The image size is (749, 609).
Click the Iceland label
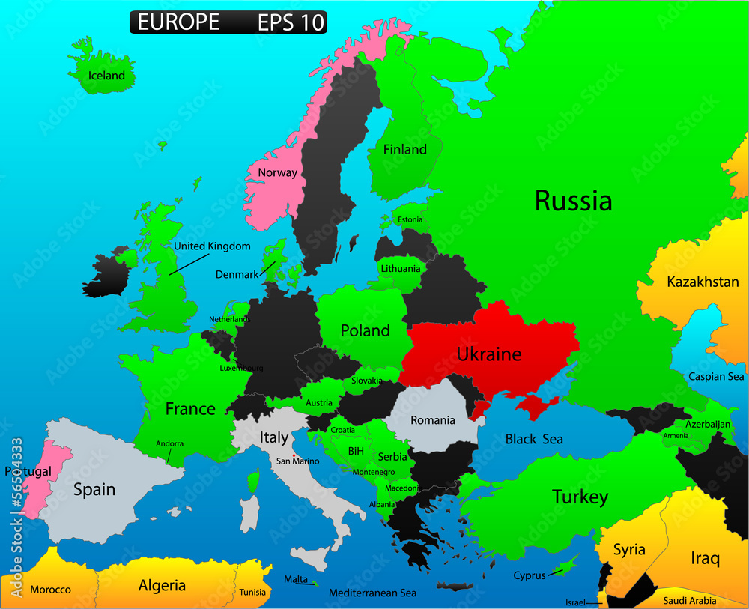(x=106, y=76)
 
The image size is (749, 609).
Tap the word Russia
(x=573, y=201)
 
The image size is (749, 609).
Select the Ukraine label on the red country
(x=489, y=354)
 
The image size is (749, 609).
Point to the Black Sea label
(x=533, y=439)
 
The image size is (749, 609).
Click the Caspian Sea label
(x=716, y=377)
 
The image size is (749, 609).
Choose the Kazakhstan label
(x=703, y=282)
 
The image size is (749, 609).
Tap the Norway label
(x=277, y=173)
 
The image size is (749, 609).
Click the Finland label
(x=404, y=150)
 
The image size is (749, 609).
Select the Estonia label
(x=410, y=220)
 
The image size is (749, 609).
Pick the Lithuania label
(x=401, y=269)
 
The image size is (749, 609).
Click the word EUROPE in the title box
(x=178, y=22)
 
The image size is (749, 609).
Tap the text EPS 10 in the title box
(x=291, y=22)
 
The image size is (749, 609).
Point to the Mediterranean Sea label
(x=372, y=593)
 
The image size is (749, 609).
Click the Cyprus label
(x=529, y=576)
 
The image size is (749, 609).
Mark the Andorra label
(x=169, y=444)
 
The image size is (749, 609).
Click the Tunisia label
(x=252, y=593)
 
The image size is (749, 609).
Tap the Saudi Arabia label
(x=689, y=601)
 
